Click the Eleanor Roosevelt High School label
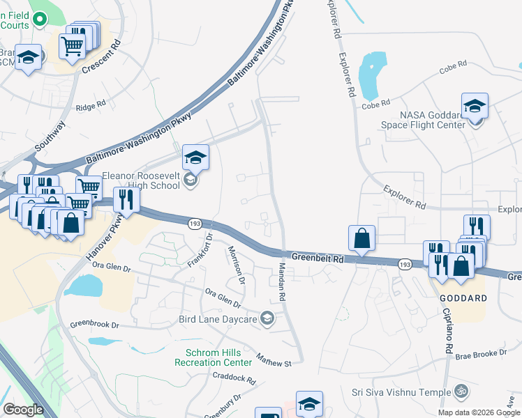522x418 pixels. tap(141, 181)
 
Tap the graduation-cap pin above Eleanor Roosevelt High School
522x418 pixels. tap(196, 159)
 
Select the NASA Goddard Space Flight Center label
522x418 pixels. tap(433, 120)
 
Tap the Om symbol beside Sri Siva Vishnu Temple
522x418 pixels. tap(459, 392)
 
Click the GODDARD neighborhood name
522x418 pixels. tap(463, 297)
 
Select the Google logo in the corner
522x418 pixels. tap(23, 409)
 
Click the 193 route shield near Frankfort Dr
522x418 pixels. tap(194, 223)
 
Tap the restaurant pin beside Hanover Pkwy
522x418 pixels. tap(126, 200)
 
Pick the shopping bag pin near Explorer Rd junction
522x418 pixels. tap(361, 240)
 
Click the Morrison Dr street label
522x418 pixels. tap(237, 264)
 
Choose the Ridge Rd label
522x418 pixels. tap(91, 105)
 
